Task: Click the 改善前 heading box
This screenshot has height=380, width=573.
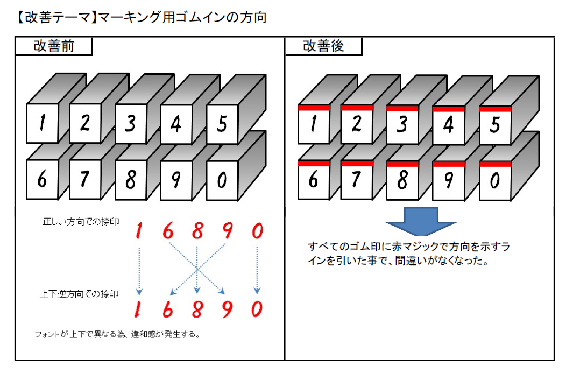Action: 54,46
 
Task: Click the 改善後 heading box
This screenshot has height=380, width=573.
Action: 323,46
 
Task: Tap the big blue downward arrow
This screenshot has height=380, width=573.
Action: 421,221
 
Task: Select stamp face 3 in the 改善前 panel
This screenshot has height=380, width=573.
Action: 131,124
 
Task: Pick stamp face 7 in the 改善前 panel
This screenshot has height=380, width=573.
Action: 85,180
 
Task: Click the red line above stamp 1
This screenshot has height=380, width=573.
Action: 314,108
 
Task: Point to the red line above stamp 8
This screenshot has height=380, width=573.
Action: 402,164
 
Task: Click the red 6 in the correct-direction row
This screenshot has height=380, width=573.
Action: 168,231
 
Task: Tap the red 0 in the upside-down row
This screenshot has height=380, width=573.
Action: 257,309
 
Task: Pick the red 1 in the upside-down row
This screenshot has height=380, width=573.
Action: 138,309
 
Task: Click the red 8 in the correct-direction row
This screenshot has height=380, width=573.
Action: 197,231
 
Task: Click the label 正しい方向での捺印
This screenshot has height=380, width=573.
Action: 81,222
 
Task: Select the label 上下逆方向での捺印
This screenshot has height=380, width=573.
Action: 79,294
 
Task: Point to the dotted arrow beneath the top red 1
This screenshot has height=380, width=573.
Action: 139,271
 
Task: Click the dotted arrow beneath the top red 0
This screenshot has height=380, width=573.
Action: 257,270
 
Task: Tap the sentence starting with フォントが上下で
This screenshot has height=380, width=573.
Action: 118,334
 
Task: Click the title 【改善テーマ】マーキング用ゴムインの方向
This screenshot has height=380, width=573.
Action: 142,17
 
